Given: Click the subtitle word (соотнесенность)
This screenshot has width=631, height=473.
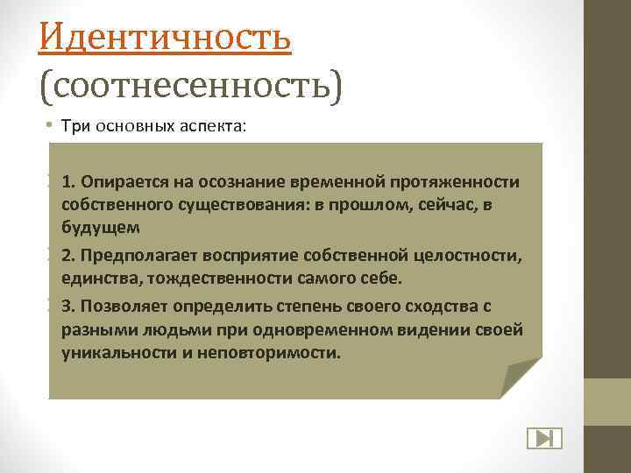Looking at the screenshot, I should (191, 86).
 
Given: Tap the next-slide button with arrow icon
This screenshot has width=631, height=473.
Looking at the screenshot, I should (543, 438).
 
